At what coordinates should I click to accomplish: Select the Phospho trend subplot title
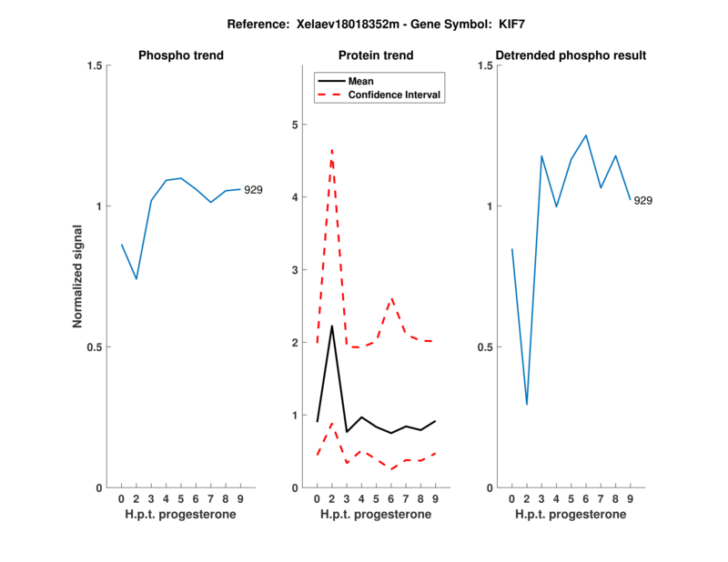pyautogui.click(x=181, y=55)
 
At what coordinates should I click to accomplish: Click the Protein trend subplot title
pyautogui.click(x=376, y=55)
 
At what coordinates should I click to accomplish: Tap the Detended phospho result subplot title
pyautogui.click(x=571, y=55)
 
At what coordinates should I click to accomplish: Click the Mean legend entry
pyautogui.click(x=361, y=81)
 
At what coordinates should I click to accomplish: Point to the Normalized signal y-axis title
pyautogui.click(x=78, y=276)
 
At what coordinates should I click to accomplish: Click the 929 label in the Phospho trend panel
pyautogui.click(x=253, y=190)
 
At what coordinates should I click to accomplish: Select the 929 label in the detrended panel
pyautogui.click(x=642, y=200)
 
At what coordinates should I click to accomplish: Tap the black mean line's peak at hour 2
pyautogui.click(x=331, y=326)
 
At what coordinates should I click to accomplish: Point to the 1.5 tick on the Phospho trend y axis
pyautogui.click(x=92, y=65)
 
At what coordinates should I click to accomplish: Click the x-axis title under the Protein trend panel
pyautogui.click(x=376, y=515)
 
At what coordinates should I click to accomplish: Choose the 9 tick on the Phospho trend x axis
pyautogui.click(x=240, y=499)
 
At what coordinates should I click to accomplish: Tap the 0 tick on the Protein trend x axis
pyautogui.click(x=317, y=499)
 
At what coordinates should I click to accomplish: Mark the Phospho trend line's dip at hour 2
pyautogui.click(x=136, y=279)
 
